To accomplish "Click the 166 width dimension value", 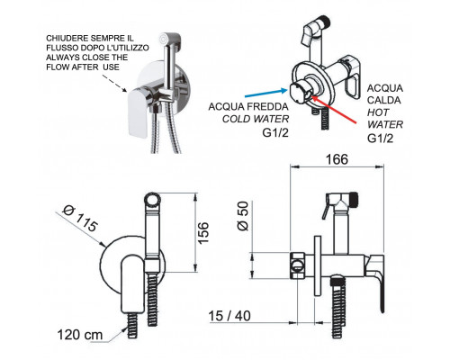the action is (337, 159).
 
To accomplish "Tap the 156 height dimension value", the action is (202, 233).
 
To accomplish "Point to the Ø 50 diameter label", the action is (243, 216).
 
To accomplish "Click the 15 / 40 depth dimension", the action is (229, 316).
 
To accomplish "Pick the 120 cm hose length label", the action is (80, 335).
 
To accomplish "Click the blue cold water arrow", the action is (266, 93).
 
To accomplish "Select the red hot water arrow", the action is (334, 109).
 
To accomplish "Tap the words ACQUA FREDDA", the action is (248, 106).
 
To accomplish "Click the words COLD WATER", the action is (256, 119).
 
